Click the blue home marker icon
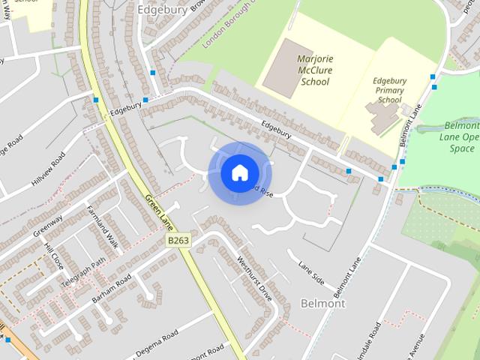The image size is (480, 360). (x=239, y=172)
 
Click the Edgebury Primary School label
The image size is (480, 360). (x=389, y=90)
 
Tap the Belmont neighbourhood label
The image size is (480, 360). (x=322, y=304)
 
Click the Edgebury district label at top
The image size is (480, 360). (x=161, y=10)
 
